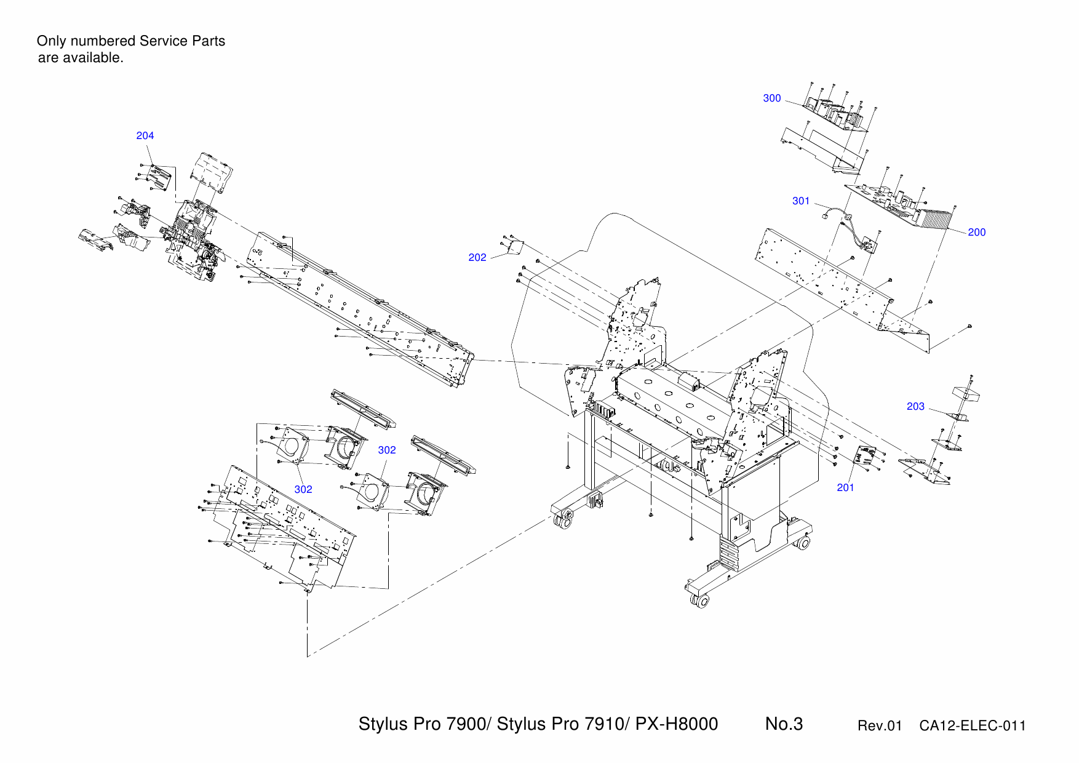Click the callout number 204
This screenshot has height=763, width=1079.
click(x=145, y=135)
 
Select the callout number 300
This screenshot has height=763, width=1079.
click(x=771, y=98)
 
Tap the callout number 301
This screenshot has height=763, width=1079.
click(x=800, y=201)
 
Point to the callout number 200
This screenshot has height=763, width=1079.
click(x=976, y=233)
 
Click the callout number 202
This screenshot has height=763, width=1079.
click(x=477, y=258)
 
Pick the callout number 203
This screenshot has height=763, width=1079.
click(x=915, y=407)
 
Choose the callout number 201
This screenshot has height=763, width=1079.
click(x=845, y=488)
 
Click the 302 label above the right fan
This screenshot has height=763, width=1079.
click(x=386, y=450)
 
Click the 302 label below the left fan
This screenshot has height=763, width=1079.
click(x=303, y=490)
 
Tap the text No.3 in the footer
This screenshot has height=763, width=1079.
click(x=784, y=724)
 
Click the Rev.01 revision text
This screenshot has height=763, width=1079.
click(x=879, y=726)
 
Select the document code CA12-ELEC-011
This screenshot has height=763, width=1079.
click(x=973, y=726)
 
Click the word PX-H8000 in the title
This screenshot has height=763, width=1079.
click(x=676, y=724)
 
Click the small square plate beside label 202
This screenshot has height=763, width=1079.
click(x=514, y=247)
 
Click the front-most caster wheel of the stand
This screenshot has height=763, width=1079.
click(x=701, y=601)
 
